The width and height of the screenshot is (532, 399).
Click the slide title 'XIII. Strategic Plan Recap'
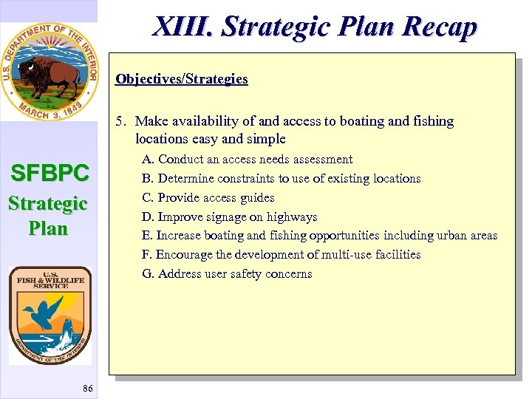315,27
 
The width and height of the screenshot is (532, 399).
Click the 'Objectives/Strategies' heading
182,79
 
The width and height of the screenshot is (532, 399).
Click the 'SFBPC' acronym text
49,174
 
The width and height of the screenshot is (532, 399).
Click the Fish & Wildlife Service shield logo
50,315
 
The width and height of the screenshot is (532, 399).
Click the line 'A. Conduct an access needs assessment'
248,160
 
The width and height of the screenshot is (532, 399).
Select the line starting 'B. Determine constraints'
281,179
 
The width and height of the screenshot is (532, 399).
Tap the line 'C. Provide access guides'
208,198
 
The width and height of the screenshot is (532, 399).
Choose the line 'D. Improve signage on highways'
229,217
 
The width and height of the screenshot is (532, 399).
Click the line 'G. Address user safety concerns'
227,274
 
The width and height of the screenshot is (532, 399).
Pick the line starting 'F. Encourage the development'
281,255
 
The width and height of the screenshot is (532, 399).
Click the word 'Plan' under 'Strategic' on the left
48,228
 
